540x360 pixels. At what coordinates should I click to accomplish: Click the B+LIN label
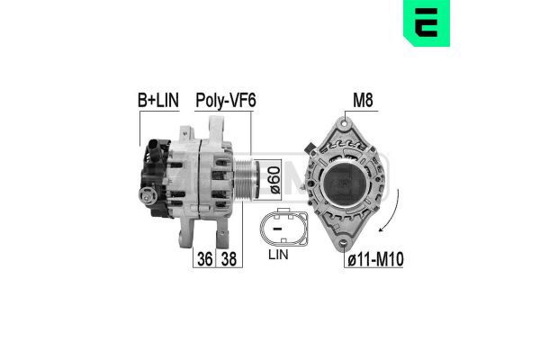[x=158, y=100]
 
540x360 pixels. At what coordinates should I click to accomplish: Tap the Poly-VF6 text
[x=226, y=101]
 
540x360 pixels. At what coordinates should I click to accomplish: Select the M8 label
[x=363, y=100]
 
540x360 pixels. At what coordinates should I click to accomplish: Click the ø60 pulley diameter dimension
[x=275, y=180]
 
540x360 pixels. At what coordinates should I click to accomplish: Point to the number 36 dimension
[x=204, y=258]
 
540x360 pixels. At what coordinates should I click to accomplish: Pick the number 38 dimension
[x=229, y=258]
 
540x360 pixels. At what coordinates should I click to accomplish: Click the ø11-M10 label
[x=375, y=259]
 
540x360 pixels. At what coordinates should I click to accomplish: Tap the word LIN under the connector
[x=278, y=255]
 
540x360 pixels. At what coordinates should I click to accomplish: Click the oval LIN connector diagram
[x=283, y=228]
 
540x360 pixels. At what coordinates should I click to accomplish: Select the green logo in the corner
[x=427, y=23]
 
